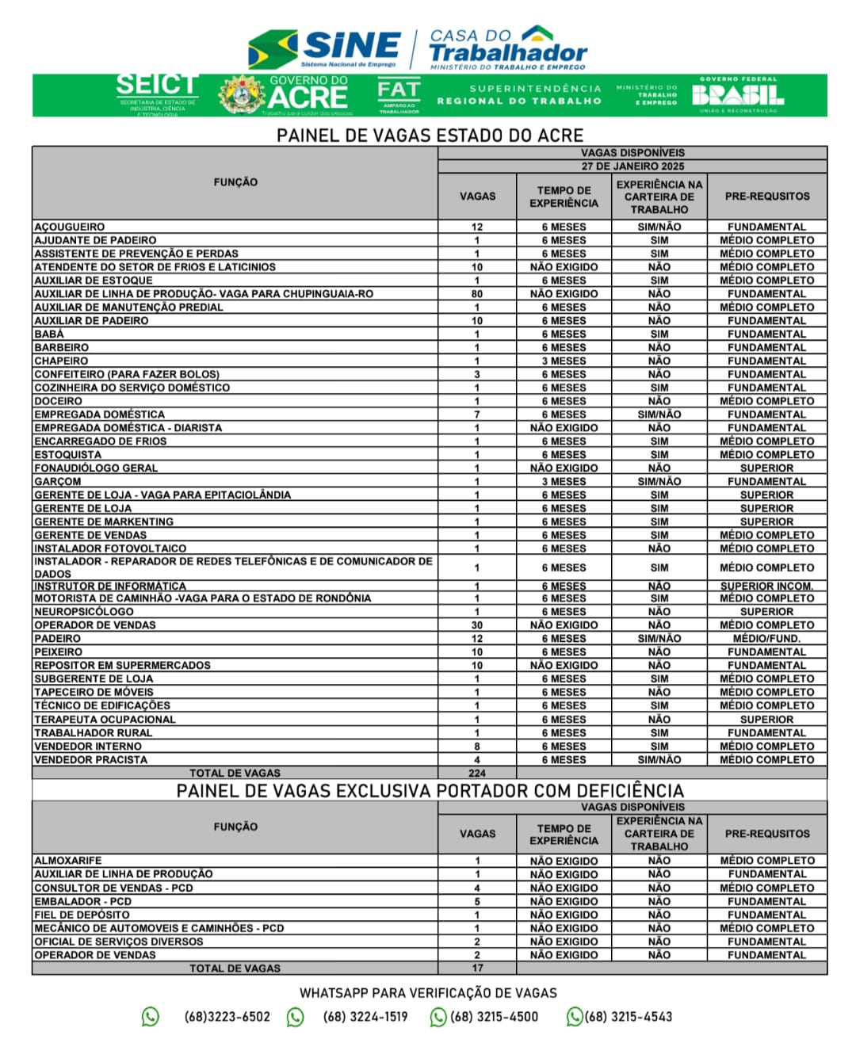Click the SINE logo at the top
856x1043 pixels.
(x=325, y=49)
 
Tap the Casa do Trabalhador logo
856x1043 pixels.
(x=507, y=48)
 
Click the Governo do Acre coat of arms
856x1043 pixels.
(x=242, y=95)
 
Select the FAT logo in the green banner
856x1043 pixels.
(x=398, y=95)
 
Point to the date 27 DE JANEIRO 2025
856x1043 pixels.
(x=632, y=166)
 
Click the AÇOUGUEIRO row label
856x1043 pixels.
(x=70, y=227)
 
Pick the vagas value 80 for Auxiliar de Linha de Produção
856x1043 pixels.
(x=477, y=294)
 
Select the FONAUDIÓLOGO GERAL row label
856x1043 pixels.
(x=96, y=468)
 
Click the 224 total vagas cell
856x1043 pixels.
(x=477, y=773)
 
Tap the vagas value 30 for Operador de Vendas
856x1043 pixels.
(x=477, y=625)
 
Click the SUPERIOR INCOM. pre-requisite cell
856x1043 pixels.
(x=766, y=586)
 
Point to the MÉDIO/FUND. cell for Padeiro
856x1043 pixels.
(x=766, y=639)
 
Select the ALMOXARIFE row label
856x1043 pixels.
(x=68, y=861)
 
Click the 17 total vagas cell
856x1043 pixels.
(x=477, y=968)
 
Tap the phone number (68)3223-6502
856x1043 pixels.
(x=227, y=1017)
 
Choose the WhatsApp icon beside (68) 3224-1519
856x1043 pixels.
(x=296, y=1017)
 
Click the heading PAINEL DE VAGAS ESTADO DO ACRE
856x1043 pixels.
(x=430, y=135)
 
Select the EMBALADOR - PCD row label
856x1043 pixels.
(x=83, y=901)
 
